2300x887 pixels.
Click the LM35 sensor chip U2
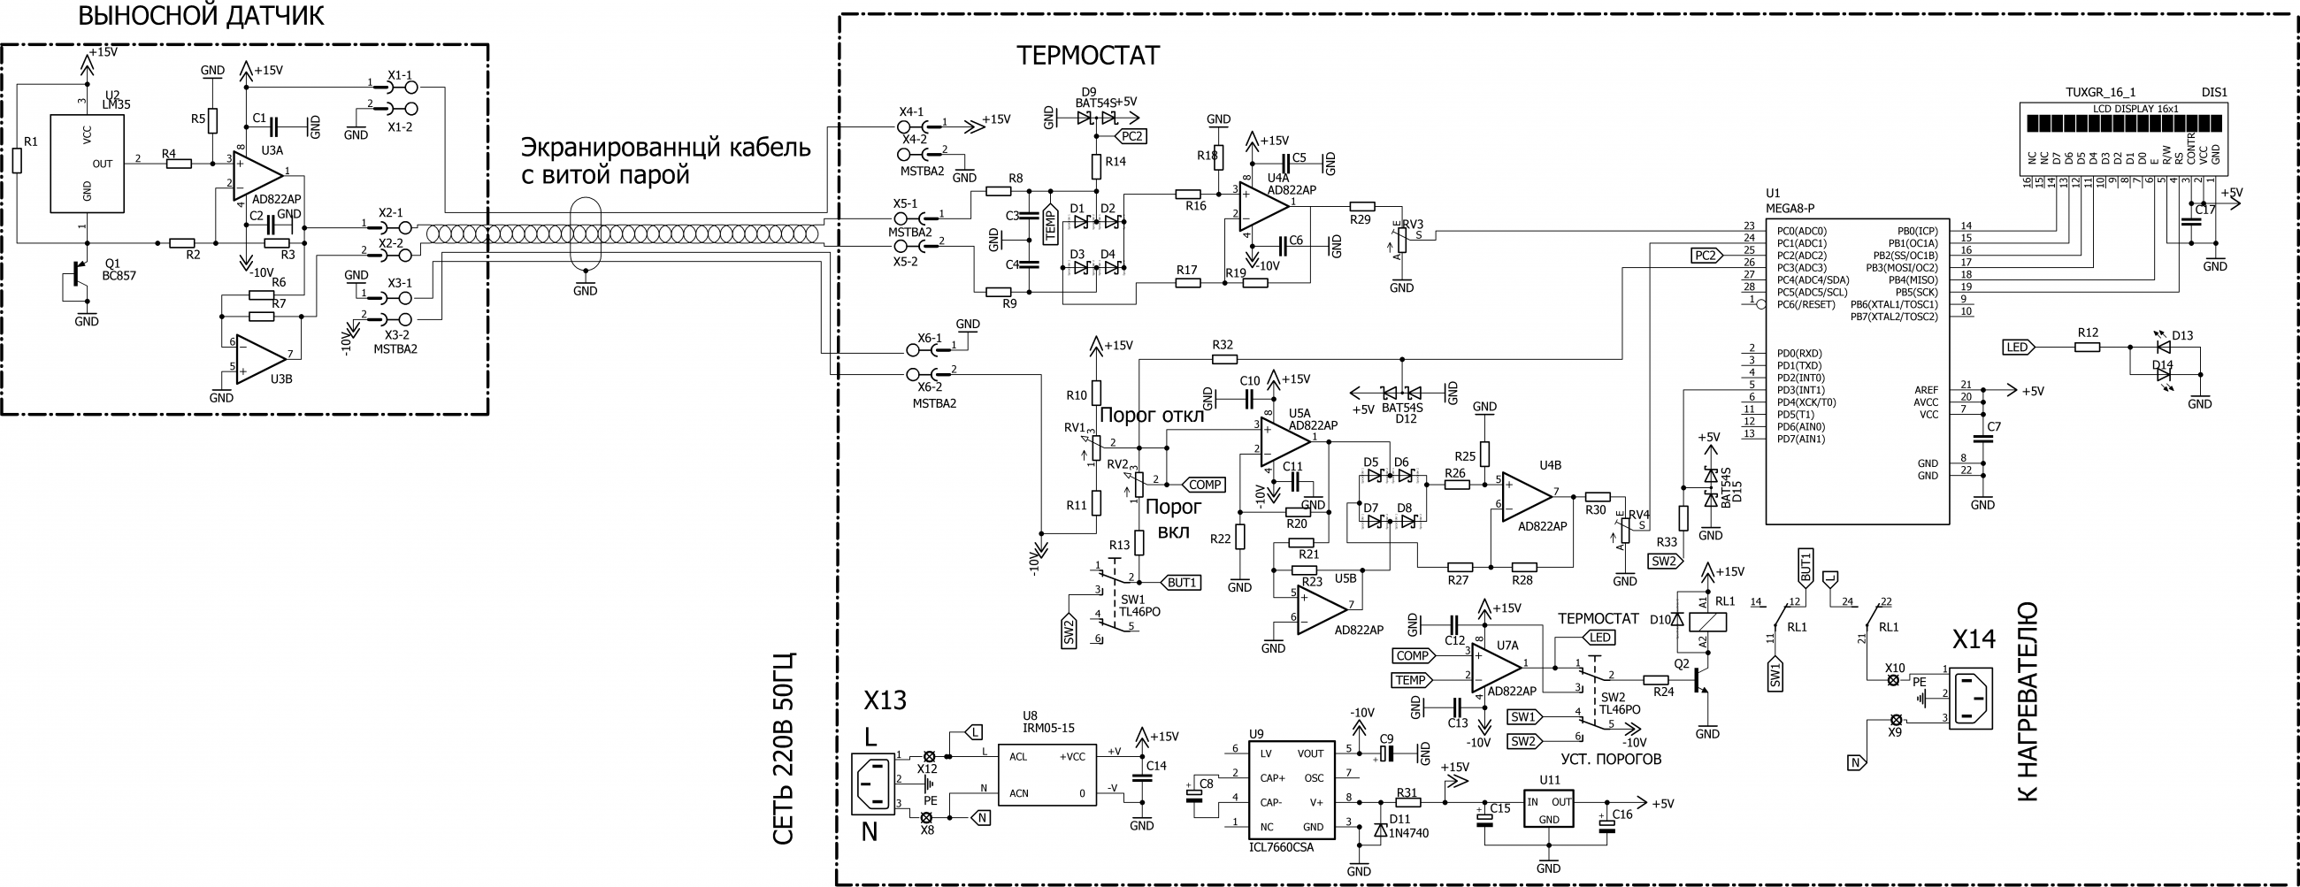(87, 164)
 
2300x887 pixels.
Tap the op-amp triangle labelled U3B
(260, 360)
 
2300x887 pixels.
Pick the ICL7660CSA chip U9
(1291, 790)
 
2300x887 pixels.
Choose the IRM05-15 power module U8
(1046, 775)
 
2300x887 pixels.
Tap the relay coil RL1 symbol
(1703, 622)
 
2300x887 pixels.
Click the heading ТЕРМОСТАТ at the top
(1087, 56)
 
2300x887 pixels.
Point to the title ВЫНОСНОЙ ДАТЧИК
(201, 16)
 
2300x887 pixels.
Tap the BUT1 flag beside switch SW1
(1180, 583)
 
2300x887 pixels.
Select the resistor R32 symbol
(1224, 359)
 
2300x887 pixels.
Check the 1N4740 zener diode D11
(1380, 830)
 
